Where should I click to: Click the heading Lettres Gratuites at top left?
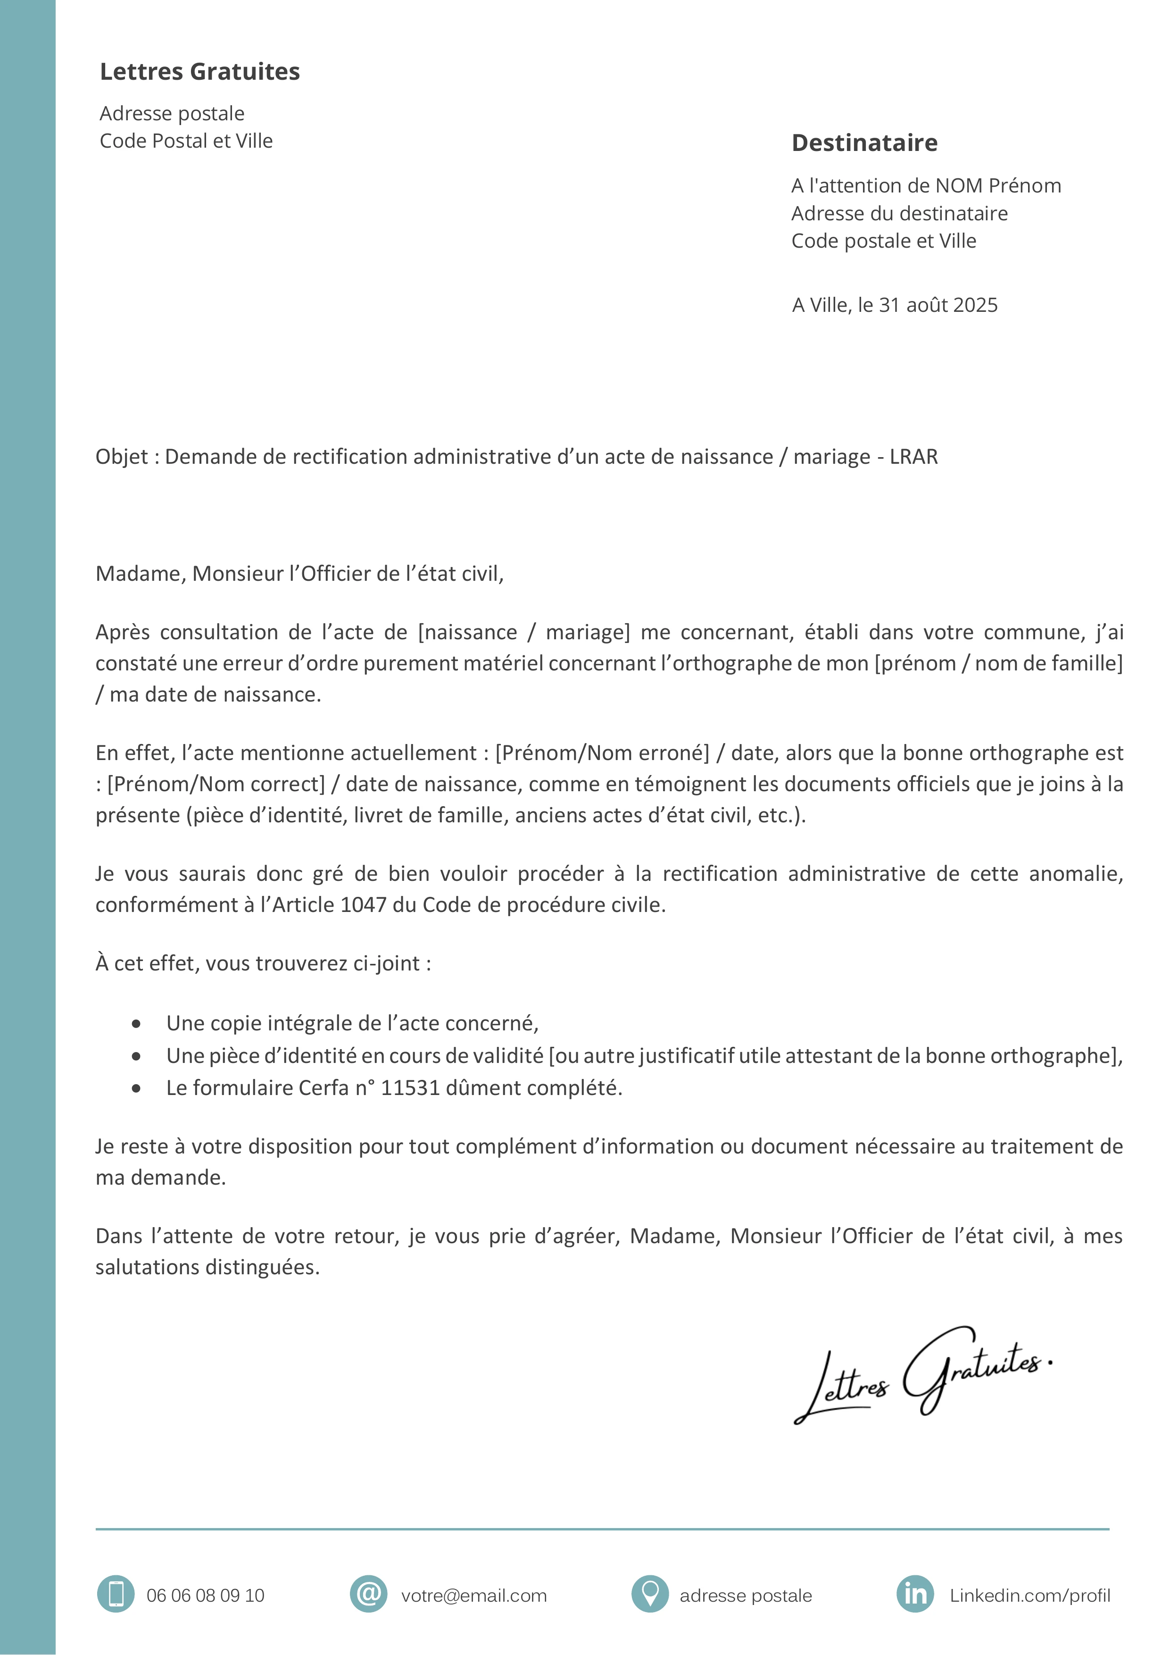click(199, 71)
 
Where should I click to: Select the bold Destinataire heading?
click(864, 143)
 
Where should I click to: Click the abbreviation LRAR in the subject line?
click(913, 457)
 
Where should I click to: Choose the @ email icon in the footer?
click(368, 1594)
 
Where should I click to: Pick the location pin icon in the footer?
click(650, 1594)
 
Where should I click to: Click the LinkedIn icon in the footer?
click(915, 1594)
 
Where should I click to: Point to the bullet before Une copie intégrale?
click(136, 1024)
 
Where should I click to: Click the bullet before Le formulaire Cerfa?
click(136, 1088)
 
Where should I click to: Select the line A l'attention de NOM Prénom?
click(926, 186)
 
